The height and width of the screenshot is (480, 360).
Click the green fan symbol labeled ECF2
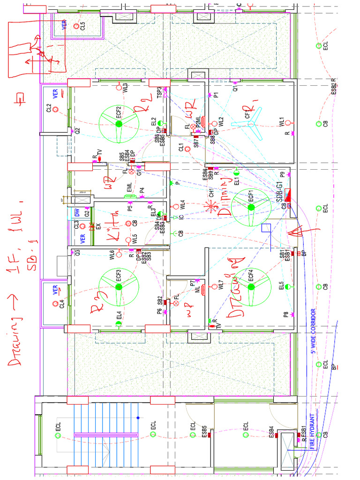119,124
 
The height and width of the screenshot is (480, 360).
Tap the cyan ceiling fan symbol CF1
251,124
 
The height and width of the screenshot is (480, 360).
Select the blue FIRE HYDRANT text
311,431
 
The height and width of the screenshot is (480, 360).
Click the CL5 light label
82,26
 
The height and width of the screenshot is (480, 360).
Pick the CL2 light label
49,108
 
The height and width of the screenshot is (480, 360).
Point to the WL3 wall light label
126,88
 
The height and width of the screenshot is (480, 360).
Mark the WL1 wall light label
281,121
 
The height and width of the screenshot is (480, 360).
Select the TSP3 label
159,92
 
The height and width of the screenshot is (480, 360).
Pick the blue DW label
76,212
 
